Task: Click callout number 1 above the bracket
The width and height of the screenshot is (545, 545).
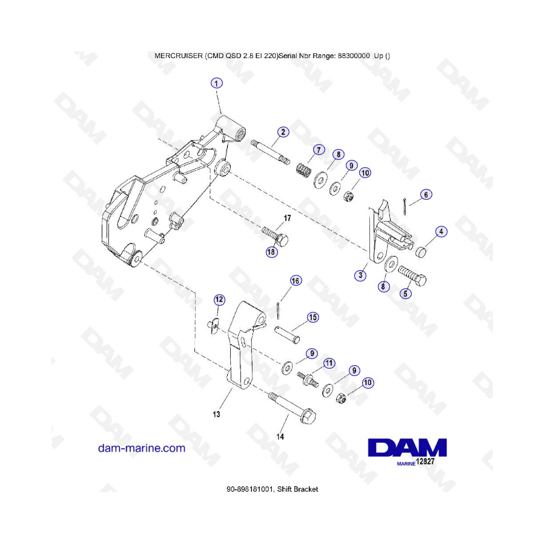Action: coord(217,84)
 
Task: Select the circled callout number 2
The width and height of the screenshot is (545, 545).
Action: coord(283,132)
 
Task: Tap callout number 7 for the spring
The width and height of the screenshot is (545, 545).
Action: coord(319,150)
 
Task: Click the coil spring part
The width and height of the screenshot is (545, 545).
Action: coord(304,170)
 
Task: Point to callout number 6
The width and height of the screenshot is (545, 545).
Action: coord(426,194)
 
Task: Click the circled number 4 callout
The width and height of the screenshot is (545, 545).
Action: coord(441,231)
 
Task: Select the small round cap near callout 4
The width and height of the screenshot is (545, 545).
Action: coord(421,252)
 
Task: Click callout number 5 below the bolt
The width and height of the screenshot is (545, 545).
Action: coord(405,293)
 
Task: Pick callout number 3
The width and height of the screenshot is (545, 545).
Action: coord(360,276)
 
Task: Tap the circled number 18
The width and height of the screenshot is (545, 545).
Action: coord(271,252)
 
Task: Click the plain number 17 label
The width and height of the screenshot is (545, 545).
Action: coord(287,218)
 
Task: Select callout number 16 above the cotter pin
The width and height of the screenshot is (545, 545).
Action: coord(296,281)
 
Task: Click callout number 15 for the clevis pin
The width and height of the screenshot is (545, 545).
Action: coord(312,317)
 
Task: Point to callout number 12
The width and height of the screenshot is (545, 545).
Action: coord(219,300)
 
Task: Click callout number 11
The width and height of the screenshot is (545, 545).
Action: coord(329,363)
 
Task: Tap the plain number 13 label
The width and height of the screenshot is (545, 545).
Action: coord(216,414)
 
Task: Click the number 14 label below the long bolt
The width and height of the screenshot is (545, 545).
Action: coord(280,437)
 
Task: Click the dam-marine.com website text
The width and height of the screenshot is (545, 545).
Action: coord(142,448)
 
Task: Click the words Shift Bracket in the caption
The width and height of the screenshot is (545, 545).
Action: coord(297,489)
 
